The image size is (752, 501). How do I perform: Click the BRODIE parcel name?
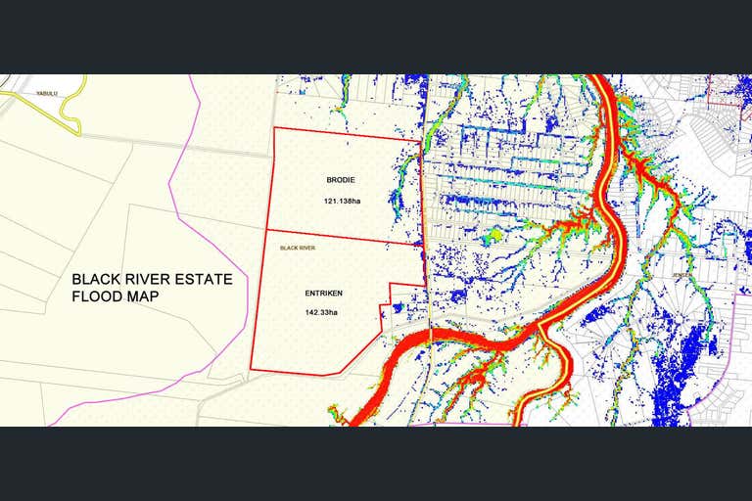coord(342,180)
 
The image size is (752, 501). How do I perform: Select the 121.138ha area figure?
coord(342,202)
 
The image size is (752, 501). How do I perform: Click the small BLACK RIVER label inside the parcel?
coord(299,248)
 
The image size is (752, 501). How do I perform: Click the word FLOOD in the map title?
coord(100,296)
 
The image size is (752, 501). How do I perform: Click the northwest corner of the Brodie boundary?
coord(273,128)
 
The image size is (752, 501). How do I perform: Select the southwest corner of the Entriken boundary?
coord(251,370)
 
